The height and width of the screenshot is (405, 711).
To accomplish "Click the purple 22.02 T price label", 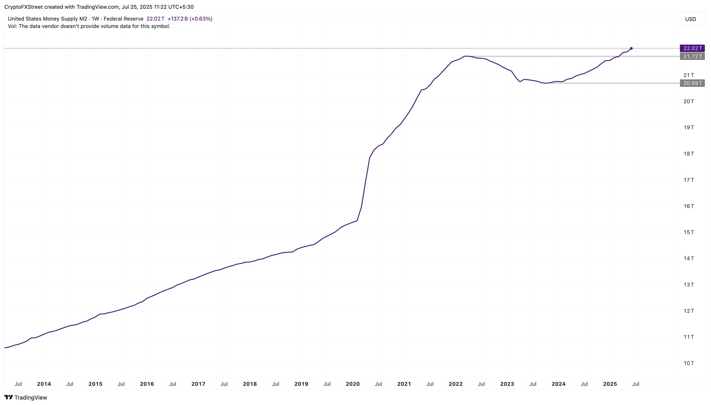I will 692,48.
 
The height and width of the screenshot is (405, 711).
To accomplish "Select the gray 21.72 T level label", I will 692,56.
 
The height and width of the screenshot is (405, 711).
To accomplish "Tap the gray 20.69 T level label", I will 692,83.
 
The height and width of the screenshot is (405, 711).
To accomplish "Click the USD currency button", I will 690,19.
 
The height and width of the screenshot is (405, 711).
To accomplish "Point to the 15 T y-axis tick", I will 688,232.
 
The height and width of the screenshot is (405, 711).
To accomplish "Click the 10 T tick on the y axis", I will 688,363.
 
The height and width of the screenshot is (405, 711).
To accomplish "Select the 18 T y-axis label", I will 688,154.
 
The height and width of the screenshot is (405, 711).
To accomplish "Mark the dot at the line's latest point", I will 631,48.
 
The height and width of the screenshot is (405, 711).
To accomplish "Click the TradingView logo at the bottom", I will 26,398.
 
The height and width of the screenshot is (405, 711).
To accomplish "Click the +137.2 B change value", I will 178,19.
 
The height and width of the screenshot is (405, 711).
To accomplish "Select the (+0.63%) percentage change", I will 201,19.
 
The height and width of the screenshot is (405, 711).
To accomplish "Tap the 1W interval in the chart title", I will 95,19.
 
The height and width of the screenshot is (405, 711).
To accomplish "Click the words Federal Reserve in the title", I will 123,19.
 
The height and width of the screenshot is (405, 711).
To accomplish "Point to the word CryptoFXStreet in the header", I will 23,7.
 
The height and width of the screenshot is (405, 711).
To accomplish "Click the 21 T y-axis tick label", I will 688,75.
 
